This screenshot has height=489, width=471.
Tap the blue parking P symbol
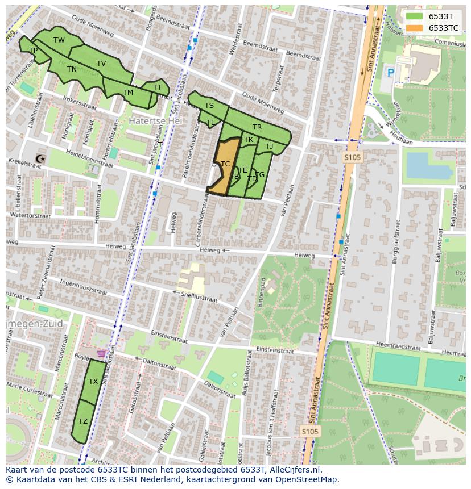click(x=390, y=73)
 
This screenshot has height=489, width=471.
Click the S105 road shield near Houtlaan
click(x=352, y=157)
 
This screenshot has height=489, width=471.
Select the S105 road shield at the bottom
click(x=309, y=432)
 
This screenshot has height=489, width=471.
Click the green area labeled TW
click(x=59, y=40)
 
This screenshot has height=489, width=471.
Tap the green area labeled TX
click(x=93, y=382)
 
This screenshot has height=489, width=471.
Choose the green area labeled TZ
click(x=83, y=421)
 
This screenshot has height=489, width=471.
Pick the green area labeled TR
click(x=257, y=128)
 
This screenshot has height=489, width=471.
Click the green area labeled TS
click(x=209, y=106)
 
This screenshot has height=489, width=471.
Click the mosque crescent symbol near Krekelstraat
click(x=39, y=158)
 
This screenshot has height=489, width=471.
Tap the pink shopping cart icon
click(x=101, y=353)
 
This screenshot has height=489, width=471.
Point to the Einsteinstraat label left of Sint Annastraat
click(x=275, y=350)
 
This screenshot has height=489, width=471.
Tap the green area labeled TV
click(x=101, y=64)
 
